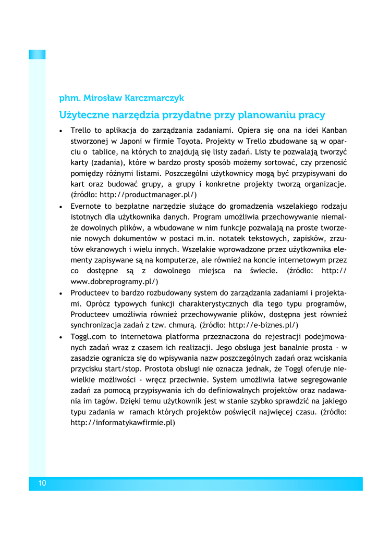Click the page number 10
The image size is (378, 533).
coord(42,484)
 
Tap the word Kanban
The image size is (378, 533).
coord(334,130)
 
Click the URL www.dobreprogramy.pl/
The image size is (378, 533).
coord(114,281)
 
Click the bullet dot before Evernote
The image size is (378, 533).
coord(62,206)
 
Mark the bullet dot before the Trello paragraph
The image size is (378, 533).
coord(62,130)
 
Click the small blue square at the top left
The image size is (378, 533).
coord(37,54)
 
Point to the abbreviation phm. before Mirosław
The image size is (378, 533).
coord(69,98)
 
